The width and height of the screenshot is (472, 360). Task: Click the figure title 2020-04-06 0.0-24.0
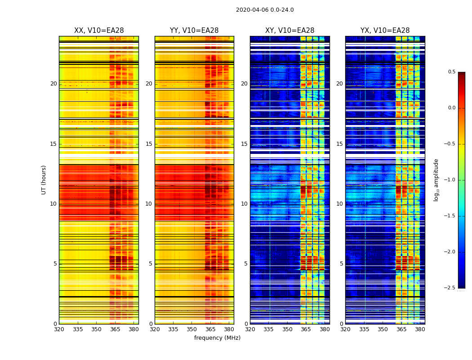pyautogui.click(x=265, y=10)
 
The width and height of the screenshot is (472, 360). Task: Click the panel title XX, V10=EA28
pyautogui.click(x=99, y=31)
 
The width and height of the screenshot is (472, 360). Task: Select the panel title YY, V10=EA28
pyautogui.click(x=194, y=31)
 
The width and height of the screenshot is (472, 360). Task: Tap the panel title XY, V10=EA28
pyautogui.click(x=289, y=31)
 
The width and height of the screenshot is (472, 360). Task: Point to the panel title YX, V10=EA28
pyautogui.click(x=385, y=31)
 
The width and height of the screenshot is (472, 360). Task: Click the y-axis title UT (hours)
pyautogui.click(x=44, y=180)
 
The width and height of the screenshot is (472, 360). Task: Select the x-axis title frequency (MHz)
pyautogui.click(x=217, y=338)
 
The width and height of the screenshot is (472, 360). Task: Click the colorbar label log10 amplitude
pyautogui.click(x=436, y=180)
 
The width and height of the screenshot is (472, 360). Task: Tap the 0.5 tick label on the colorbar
pyautogui.click(x=451, y=72)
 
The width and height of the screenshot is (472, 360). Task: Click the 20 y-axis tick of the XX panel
pyautogui.click(x=53, y=84)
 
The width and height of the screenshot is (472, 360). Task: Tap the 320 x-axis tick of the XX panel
pyautogui.click(x=59, y=329)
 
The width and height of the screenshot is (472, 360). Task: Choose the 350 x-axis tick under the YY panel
pyautogui.click(x=191, y=329)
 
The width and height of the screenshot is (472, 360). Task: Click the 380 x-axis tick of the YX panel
pyautogui.click(x=420, y=329)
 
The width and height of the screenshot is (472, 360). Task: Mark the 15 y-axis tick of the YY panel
pyautogui.click(x=149, y=144)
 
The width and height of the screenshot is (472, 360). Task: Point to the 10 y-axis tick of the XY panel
pyautogui.click(x=244, y=204)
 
